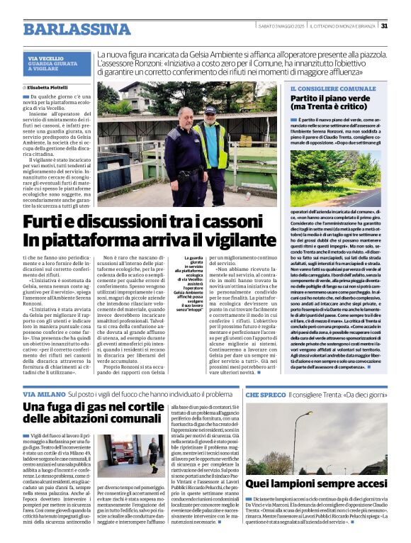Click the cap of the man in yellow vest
pos(209,110)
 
